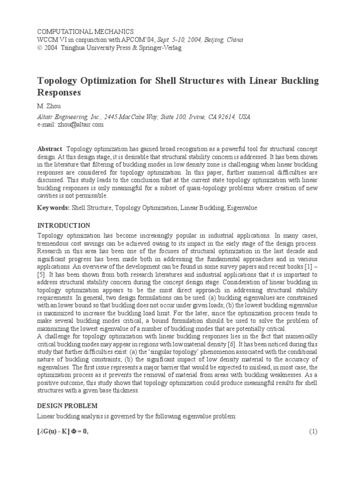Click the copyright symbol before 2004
pos(39,48)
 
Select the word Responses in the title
pos(59,93)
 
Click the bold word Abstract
pos(50,149)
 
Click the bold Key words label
pos(53,208)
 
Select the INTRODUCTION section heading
pos(63,225)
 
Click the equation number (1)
pos(313,432)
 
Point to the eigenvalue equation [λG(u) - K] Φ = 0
pos(63,432)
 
